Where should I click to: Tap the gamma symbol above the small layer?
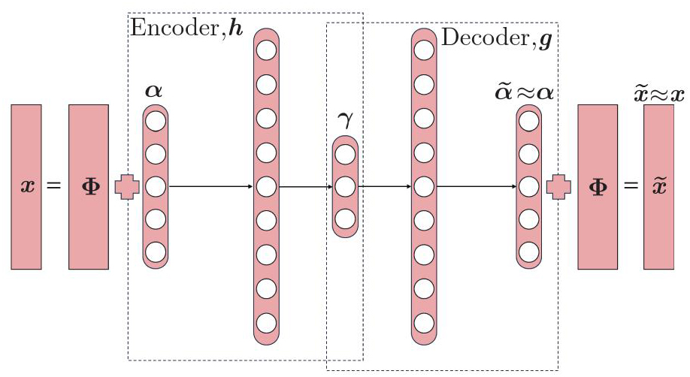pyautogui.click(x=344, y=122)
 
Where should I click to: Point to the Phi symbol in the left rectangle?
pyautogui.click(x=88, y=185)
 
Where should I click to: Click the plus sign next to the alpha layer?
pyautogui.click(x=126, y=185)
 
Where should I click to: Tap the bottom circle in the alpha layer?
pyautogui.click(x=156, y=251)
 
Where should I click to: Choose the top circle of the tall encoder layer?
pyautogui.click(x=266, y=50)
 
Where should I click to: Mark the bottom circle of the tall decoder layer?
pyautogui.click(x=424, y=324)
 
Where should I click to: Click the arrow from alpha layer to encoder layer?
pyautogui.click(x=210, y=185)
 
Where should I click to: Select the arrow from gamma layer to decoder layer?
pyautogui.click(x=383, y=185)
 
